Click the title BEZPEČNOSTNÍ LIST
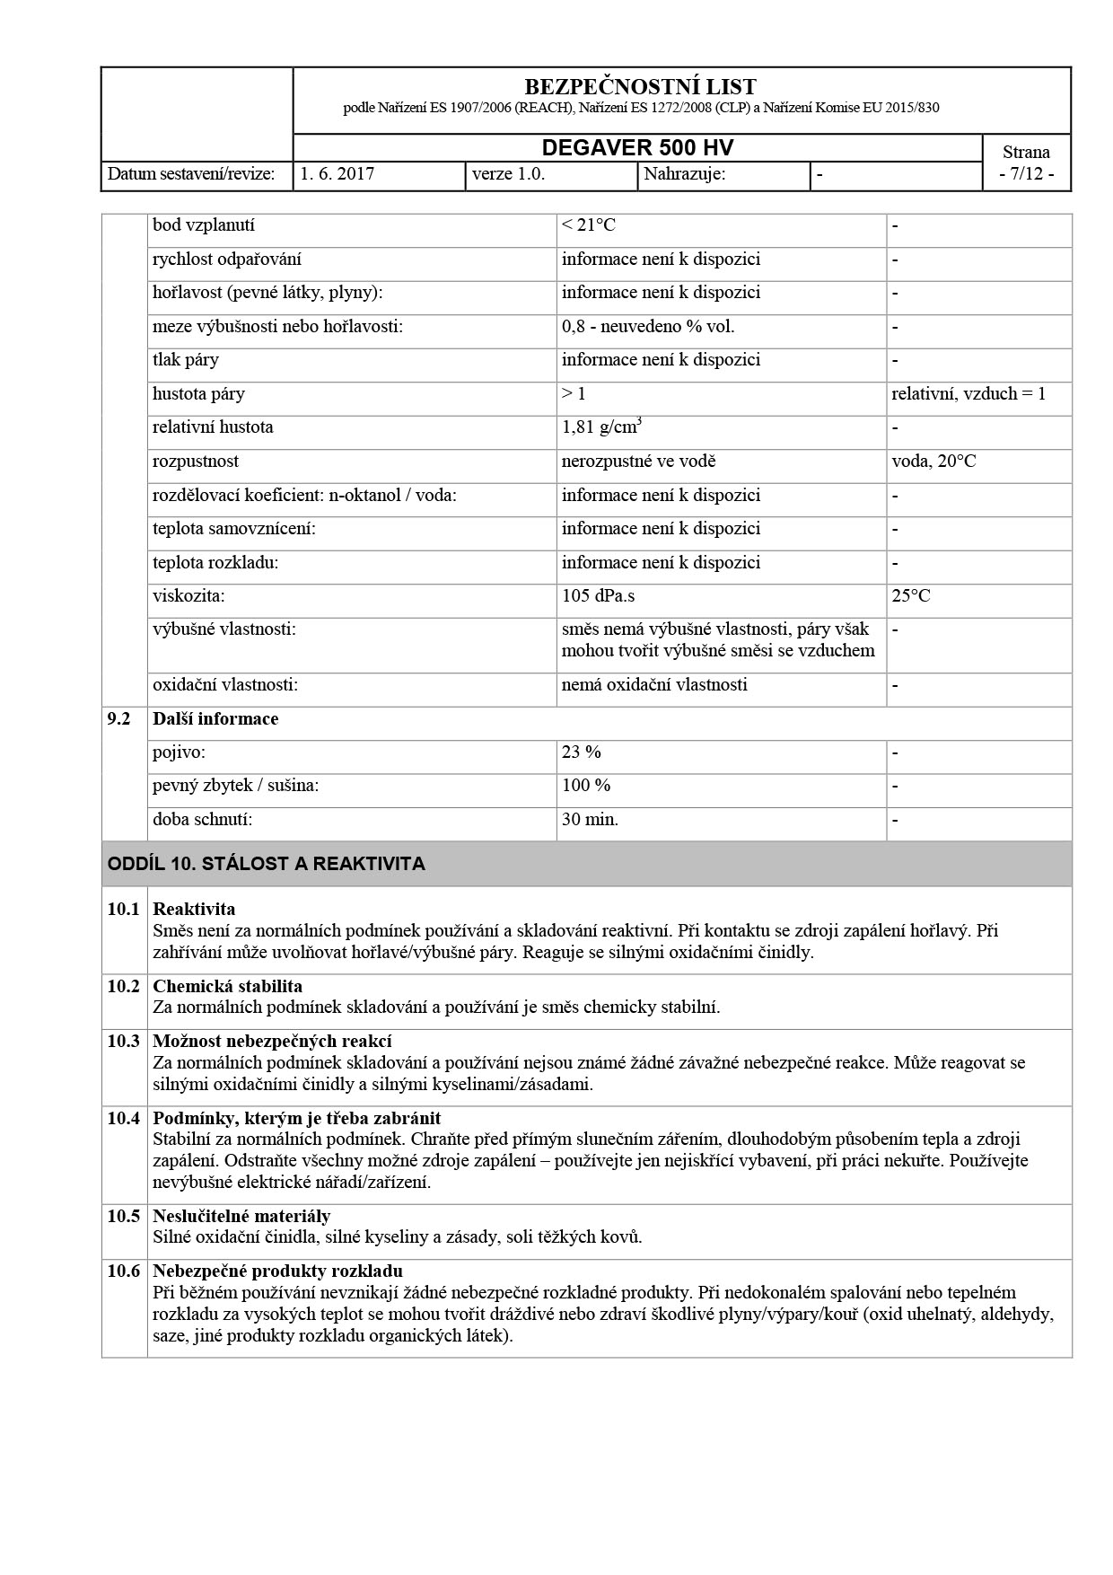click(x=639, y=87)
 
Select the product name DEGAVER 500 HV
click(x=638, y=148)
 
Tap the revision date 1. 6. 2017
click(x=337, y=174)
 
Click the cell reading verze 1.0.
click(x=508, y=174)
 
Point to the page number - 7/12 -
click(x=1026, y=174)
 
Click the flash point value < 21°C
click(x=589, y=225)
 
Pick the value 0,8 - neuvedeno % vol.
click(x=648, y=327)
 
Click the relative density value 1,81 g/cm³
click(x=601, y=427)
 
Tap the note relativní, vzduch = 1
click(x=968, y=394)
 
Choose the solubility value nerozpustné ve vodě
click(x=638, y=462)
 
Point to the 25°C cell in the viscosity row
click(x=911, y=596)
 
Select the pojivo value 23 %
click(x=582, y=752)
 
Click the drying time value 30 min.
click(x=590, y=820)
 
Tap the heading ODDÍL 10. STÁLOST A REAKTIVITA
click(x=267, y=864)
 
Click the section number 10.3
click(x=124, y=1042)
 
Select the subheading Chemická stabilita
click(x=227, y=987)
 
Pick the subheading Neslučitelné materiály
click(x=241, y=1217)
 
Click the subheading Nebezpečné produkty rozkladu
click(x=277, y=1271)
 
